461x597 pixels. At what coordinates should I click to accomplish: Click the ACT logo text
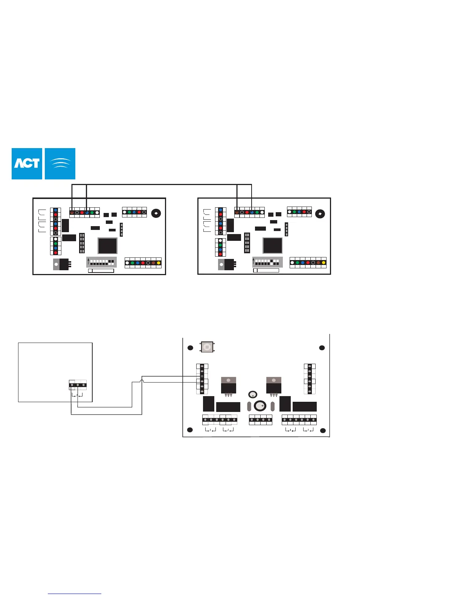(x=27, y=164)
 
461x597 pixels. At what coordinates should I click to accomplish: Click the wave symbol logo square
(x=60, y=164)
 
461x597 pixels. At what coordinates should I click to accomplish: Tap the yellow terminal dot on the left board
(x=159, y=263)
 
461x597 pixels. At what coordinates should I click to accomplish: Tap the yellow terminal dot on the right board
(x=324, y=263)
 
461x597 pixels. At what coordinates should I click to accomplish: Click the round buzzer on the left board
(x=156, y=213)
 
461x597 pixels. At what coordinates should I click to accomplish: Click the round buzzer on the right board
(x=320, y=214)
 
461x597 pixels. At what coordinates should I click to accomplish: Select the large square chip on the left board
(x=107, y=246)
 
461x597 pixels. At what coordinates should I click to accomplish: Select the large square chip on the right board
(x=272, y=246)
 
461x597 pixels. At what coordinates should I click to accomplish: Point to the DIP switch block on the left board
(x=101, y=262)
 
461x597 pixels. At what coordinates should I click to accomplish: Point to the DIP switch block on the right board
(x=267, y=262)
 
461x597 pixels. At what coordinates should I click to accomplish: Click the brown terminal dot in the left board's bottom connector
(x=153, y=263)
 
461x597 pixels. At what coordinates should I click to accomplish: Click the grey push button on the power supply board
(x=206, y=347)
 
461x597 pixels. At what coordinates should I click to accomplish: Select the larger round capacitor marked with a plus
(x=260, y=406)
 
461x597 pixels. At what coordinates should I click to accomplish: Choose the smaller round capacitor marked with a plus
(x=253, y=395)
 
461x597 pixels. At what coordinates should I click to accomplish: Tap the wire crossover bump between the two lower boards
(x=142, y=382)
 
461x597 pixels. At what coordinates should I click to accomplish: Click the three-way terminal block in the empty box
(x=78, y=385)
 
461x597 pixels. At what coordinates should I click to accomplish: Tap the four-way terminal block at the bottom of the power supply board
(x=261, y=419)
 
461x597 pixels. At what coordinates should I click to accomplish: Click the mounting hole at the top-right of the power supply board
(x=322, y=348)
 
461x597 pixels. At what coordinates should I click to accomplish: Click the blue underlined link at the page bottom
(x=75, y=594)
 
